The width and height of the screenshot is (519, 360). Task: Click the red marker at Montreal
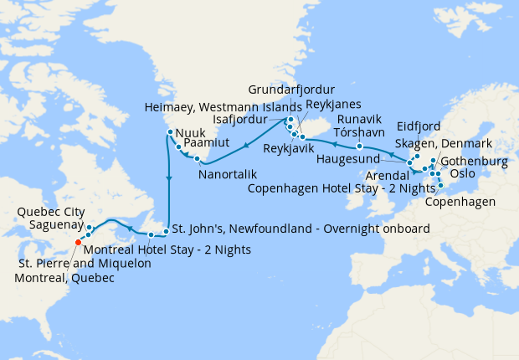tap(78, 242)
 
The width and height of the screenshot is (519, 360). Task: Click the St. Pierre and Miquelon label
tap(80, 264)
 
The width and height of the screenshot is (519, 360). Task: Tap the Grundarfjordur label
tap(292, 90)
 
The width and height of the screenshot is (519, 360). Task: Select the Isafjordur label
tap(248, 120)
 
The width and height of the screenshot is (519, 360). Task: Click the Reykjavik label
tap(290, 148)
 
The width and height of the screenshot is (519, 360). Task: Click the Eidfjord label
tap(419, 126)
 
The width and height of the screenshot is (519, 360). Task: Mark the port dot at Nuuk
tap(170, 131)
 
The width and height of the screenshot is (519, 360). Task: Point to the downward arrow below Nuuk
tap(169, 178)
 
